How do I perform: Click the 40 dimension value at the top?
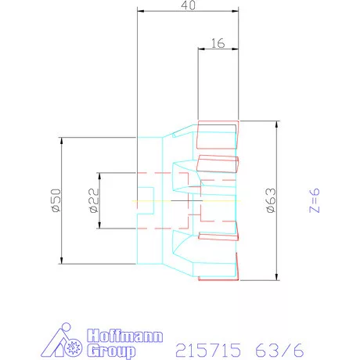(188, 5)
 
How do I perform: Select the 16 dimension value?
(218, 43)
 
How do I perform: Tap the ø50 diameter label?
(56, 200)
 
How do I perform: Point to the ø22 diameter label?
(94, 200)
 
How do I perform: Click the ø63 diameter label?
(271, 200)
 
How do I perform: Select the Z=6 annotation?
(315, 200)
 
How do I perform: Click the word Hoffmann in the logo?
(125, 336)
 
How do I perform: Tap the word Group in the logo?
(111, 351)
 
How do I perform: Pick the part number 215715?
(208, 350)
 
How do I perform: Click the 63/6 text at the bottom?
(279, 350)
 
